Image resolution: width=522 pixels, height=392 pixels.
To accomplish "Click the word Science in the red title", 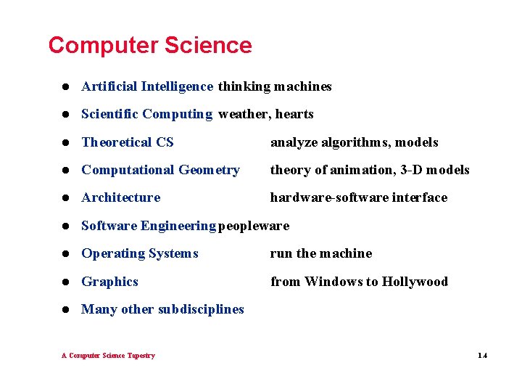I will pyautogui.click(x=208, y=45).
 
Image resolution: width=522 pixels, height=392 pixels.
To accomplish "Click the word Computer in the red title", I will pyautogui.click(x=104, y=45).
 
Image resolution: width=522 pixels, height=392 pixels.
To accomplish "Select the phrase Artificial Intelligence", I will pyautogui.click(x=147, y=86).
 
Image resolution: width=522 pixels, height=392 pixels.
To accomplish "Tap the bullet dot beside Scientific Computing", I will pyautogui.click(x=65, y=115).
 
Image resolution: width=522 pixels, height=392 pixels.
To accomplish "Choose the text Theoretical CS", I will pyautogui.click(x=128, y=142).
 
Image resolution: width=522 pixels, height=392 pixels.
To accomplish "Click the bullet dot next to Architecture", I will pyautogui.click(x=65, y=198).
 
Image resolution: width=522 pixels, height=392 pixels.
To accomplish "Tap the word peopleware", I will pyautogui.click(x=254, y=226).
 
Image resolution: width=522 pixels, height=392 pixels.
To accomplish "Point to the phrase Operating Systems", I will pyautogui.click(x=140, y=253).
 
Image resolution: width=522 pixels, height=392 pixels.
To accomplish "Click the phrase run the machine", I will pyautogui.click(x=321, y=253).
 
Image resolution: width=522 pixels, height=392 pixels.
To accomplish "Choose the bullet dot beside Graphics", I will pyautogui.click(x=65, y=282).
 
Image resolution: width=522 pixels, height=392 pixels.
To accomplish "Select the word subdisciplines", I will pyautogui.click(x=201, y=309).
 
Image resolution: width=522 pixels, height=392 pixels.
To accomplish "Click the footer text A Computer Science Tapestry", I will pyautogui.click(x=108, y=356).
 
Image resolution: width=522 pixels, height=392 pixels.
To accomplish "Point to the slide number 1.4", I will pyautogui.click(x=483, y=356).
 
